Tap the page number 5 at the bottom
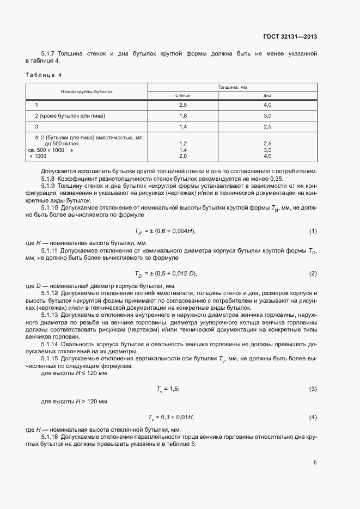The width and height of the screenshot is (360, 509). coord(315,463)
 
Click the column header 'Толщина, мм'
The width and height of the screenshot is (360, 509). coord(232,87)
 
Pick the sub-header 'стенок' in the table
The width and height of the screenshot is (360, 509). coord(182,95)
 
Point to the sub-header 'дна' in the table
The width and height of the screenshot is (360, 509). coord(267,95)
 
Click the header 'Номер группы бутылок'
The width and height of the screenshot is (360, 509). coord(87,91)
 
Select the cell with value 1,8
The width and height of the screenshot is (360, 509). coord(182,116)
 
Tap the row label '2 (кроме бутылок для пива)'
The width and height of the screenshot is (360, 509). coord(70,116)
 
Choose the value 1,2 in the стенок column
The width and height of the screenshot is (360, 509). coord(182,143)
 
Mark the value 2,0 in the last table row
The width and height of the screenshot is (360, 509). coord(182,156)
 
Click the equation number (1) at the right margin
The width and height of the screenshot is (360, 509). coord(313,231)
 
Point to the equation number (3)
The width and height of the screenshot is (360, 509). coord(313,389)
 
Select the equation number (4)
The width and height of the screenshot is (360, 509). coord(313,417)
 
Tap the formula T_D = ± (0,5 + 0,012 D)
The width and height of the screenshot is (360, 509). coord(166,273)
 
